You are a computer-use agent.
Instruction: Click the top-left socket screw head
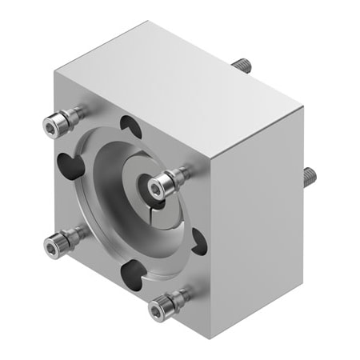(52, 123)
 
